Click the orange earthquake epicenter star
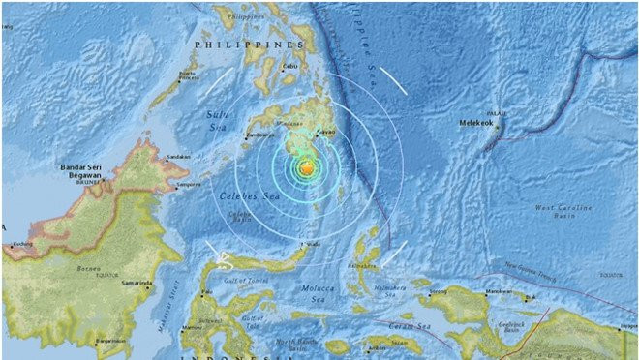tap(306, 168)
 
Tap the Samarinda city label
tap(137, 284)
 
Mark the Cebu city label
tap(288, 66)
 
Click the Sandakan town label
tap(176, 156)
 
